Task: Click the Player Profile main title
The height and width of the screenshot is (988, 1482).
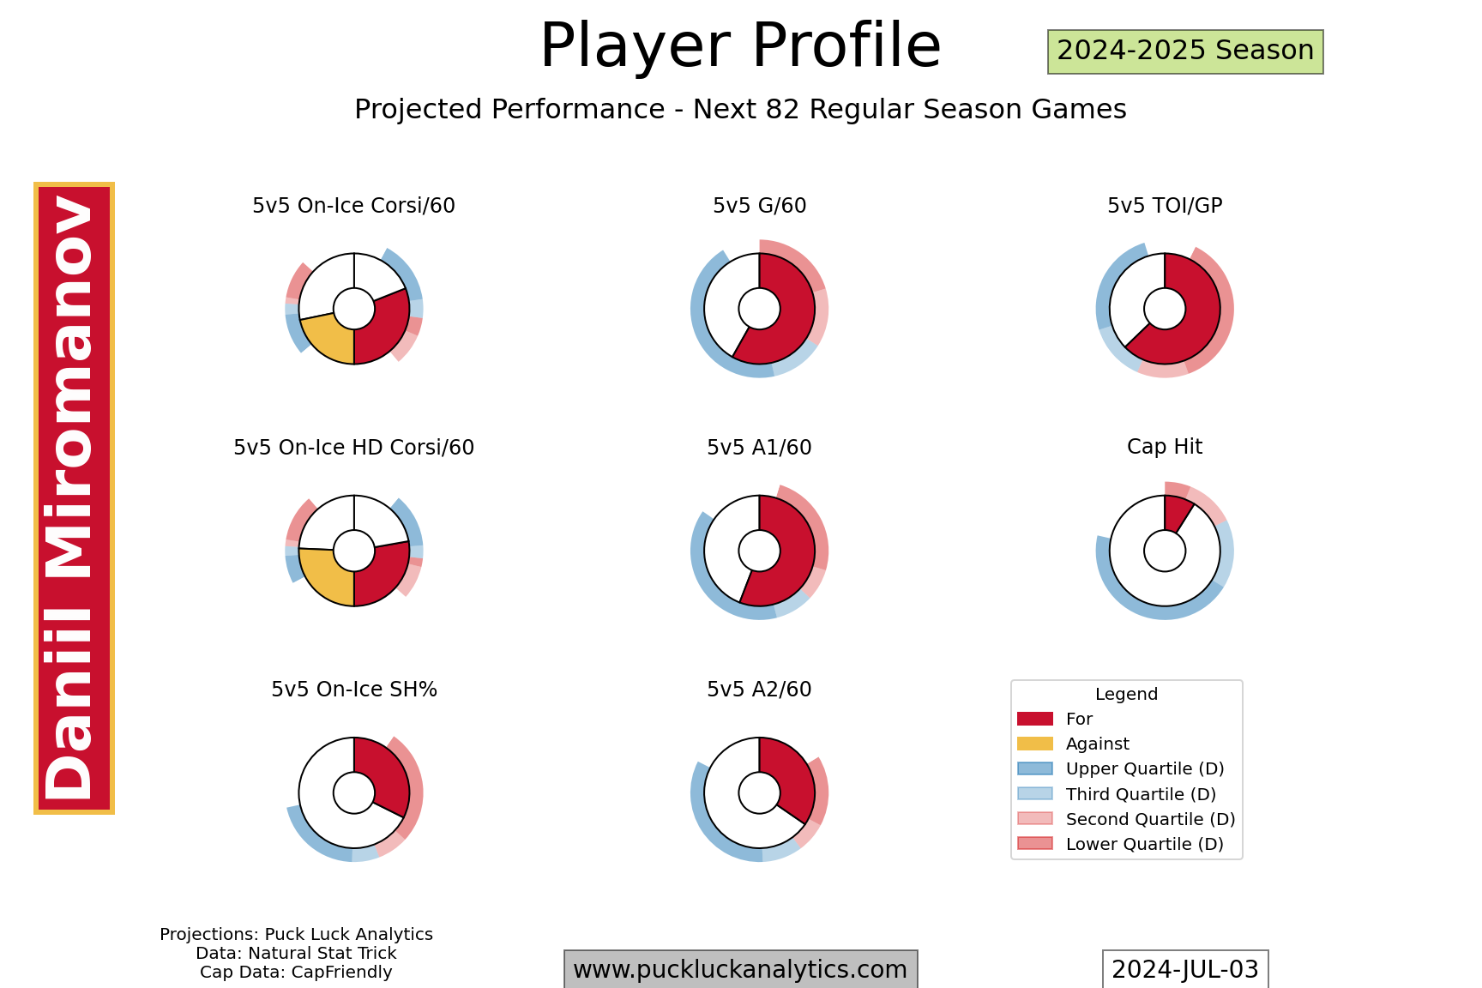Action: [740, 45]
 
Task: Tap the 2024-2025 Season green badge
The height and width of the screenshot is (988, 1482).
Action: [1185, 51]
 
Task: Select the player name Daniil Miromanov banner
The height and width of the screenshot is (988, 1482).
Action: [74, 498]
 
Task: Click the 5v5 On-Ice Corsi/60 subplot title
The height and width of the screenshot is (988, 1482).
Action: [353, 206]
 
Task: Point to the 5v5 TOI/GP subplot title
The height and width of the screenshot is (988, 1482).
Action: [1165, 206]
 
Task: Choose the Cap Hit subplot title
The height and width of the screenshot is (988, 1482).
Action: [1165, 447]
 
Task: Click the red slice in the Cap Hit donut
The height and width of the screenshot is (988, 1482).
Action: [1176, 514]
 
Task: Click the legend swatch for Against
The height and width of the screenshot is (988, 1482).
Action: [1035, 744]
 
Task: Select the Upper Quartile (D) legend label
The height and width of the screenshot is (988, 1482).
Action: [1145, 769]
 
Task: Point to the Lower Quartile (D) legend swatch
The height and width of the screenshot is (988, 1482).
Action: [1035, 844]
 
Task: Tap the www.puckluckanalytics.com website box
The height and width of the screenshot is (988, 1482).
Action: [740, 969]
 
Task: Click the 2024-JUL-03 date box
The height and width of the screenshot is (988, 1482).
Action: [1184, 969]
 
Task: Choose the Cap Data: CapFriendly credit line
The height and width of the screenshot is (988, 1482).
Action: [296, 973]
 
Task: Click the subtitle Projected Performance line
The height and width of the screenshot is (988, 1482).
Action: [740, 110]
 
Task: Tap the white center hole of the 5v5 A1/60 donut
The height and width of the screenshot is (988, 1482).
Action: [759, 551]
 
